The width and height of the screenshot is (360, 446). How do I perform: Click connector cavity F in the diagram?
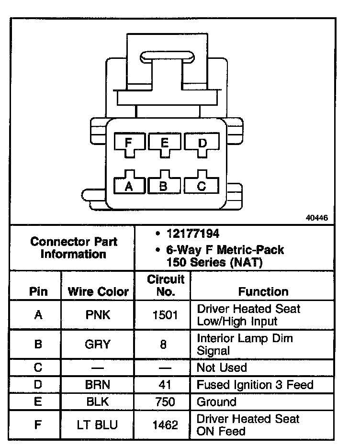pos(128,143)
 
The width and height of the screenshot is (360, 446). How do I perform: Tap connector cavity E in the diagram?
pos(164,143)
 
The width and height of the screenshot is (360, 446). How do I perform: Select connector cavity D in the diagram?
pos(202,143)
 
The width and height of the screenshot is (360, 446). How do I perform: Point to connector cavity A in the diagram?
pos(128,186)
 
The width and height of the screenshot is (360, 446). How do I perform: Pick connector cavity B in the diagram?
pos(164,186)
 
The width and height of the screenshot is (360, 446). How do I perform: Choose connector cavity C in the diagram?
pos(202,186)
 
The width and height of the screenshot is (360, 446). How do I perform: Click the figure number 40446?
pos(317,218)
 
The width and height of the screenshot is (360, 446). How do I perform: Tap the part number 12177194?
pos(193,234)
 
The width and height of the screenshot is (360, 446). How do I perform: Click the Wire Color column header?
pos(98,291)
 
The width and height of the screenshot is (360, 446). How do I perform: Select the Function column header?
pos(263,291)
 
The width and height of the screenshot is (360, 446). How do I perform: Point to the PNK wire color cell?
pos(98,315)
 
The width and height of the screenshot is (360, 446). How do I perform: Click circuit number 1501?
pos(164,315)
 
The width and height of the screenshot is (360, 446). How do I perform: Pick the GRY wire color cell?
pos(98,344)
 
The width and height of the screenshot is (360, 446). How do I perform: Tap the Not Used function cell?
pos(222,368)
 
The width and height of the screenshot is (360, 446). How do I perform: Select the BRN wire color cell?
pos(98,385)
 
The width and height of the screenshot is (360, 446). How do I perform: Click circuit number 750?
pos(164,402)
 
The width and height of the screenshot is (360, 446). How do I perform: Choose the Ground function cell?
pos(217,402)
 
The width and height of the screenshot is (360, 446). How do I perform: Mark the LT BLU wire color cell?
pos(98,424)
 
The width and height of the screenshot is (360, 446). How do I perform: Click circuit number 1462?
pos(164,424)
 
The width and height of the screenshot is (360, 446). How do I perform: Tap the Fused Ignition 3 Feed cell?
pos(255,385)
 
